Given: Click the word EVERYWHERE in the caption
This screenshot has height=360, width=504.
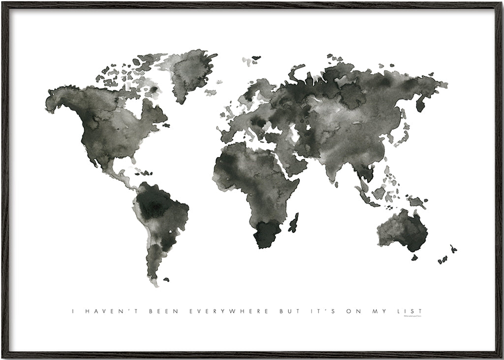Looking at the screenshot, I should point(229,311).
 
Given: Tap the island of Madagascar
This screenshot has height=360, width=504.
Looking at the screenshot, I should point(294,223).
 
